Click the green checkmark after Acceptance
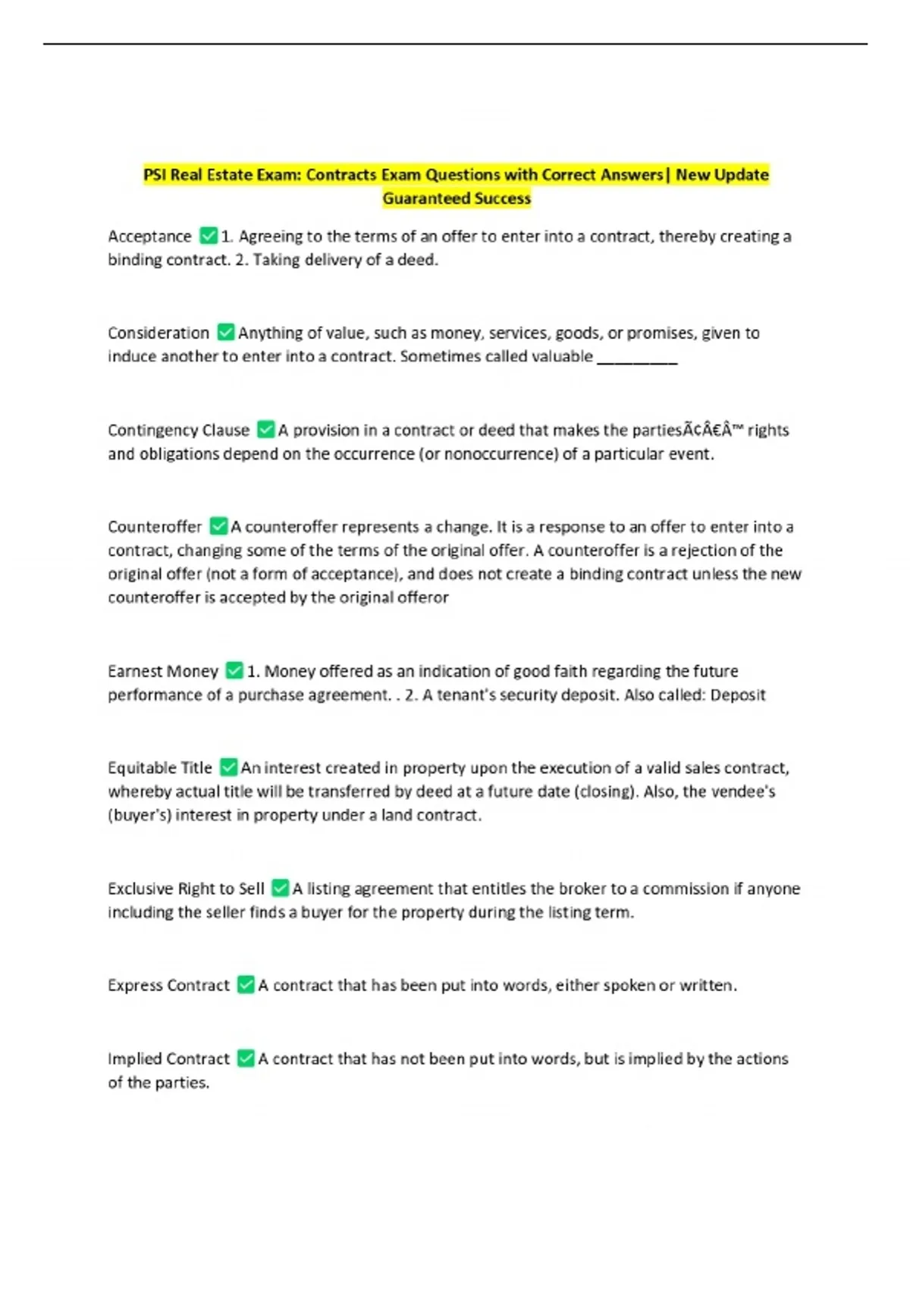209,236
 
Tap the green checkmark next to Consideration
226,332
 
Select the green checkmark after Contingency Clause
266,429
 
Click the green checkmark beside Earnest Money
235,670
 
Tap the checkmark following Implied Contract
246,1058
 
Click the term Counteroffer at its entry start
155,527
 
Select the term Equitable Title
160,768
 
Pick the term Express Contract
168,985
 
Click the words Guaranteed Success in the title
457,199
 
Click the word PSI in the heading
155,175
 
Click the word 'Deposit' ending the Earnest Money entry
738,695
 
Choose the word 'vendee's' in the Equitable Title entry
748,792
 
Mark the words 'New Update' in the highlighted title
722,175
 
